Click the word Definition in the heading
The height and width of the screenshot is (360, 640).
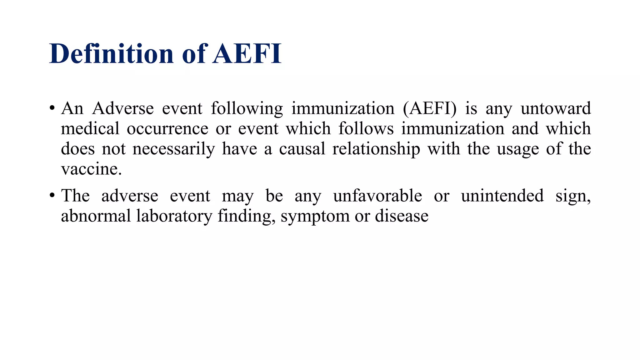click(111, 54)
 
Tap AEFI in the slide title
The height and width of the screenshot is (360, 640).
click(247, 54)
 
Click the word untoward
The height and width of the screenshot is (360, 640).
click(556, 109)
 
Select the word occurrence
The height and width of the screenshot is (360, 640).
click(167, 129)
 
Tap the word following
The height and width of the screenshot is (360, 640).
click(247, 109)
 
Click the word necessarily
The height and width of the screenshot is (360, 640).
click(174, 149)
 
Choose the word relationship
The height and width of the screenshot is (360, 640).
click(376, 149)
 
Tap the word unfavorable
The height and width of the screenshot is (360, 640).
click(377, 196)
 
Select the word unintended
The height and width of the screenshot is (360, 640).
click(502, 196)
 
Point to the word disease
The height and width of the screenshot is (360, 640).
click(402, 216)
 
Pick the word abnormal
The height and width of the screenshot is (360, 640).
click(96, 216)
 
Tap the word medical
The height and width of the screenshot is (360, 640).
click(90, 129)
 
